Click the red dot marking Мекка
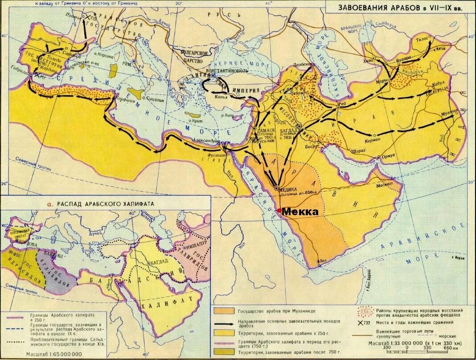(x=279, y=210)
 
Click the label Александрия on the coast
(x=203, y=140)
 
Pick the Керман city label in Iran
(x=373, y=140)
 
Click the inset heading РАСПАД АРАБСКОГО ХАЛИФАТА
(x=107, y=203)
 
